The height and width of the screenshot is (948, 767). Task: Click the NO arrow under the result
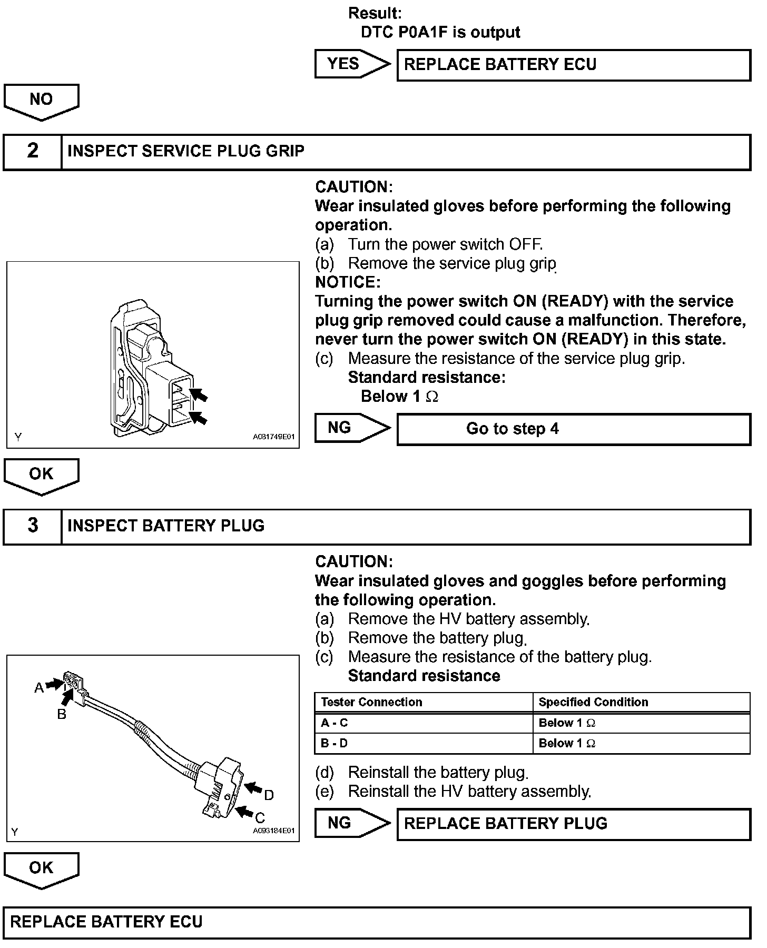[x=41, y=100]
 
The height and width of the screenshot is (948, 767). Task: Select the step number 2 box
[x=33, y=152]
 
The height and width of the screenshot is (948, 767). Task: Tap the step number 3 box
[x=33, y=526]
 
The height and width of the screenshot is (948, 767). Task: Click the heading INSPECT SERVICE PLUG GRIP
[x=186, y=152]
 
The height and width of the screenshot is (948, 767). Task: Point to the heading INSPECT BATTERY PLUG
[x=166, y=526]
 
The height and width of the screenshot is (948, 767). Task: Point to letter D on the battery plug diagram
[x=269, y=795]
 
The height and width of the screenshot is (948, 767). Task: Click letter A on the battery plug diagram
[x=38, y=688]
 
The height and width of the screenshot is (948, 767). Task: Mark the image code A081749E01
[x=273, y=437]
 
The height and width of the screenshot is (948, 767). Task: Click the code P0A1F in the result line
[x=425, y=33]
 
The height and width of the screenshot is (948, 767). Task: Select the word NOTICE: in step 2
[x=348, y=282]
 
